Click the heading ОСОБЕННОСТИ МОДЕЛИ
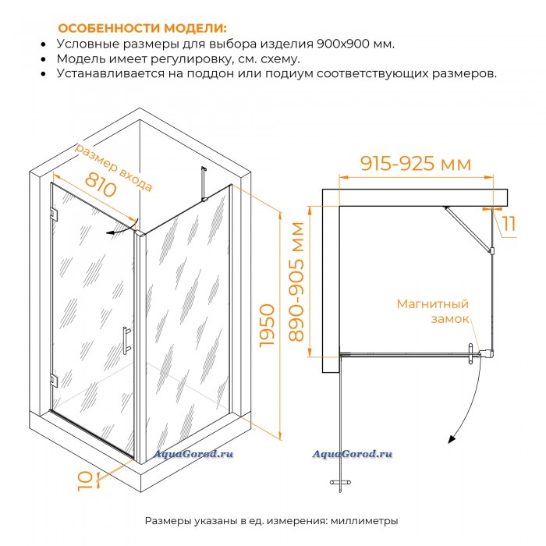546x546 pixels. tap(143, 28)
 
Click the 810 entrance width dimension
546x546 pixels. tap(101, 184)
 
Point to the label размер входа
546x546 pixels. tap(114, 167)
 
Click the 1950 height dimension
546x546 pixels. tap(268, 325)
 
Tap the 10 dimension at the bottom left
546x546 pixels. tap(84, 481)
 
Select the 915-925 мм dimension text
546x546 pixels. tap(416, 163)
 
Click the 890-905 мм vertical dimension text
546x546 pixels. tap(296, 282)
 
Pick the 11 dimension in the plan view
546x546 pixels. tap(509, 223)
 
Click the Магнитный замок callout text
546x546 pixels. tap(433, 311)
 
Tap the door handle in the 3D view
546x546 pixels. tap(126, 340)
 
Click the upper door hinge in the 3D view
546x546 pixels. tap(54, 214)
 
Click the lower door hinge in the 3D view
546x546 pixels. tap(54, 381)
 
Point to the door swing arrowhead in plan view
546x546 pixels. tap(452, 439)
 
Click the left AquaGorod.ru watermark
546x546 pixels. tap(193, 454)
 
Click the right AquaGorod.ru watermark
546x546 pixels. tap(352, 454)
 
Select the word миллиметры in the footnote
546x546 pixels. tap(364, 521)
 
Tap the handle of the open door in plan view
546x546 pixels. tap(340, 482)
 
